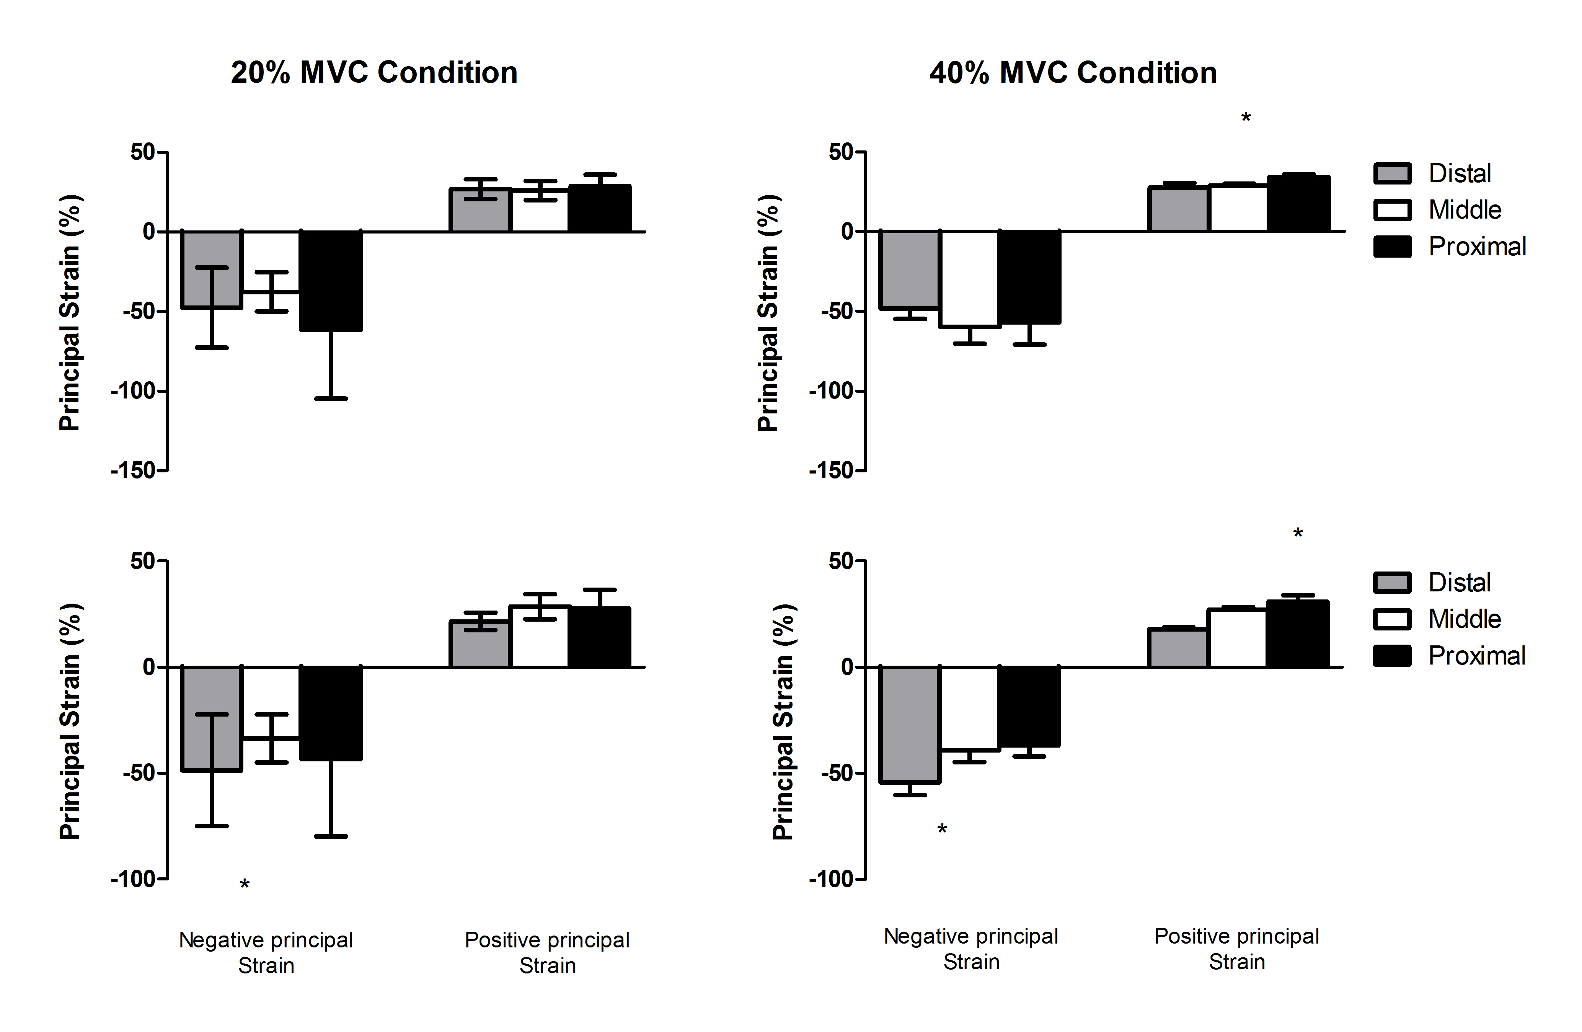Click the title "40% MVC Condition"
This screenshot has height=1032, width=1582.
(x=1073, y=72)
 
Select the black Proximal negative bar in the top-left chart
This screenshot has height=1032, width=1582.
(x=330, y=281)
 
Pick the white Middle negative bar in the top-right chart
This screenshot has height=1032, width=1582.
(x=969, y=279)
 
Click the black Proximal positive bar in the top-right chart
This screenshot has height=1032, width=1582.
(x=1298, y=204)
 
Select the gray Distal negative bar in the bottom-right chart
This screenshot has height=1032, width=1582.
(x=909, y=725)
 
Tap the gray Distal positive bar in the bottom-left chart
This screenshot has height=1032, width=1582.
(x=479, y=644)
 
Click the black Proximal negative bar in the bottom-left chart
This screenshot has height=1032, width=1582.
(x=330, y=713)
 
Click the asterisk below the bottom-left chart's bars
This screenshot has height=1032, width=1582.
(x=245, y=884)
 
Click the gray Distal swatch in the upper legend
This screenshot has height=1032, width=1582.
(x=1392, y=173)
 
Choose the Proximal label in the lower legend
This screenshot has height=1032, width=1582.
(x=1476, y=656)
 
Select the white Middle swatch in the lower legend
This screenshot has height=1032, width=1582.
(x=1392, y=619)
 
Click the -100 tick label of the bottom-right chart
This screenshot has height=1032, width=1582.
(x=831, y=879)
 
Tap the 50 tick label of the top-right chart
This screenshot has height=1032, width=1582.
(x=840, y=152)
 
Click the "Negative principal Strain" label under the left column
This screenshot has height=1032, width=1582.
(x=266, y=952)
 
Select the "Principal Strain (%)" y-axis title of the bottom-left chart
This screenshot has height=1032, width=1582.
(x=70, y=722)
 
